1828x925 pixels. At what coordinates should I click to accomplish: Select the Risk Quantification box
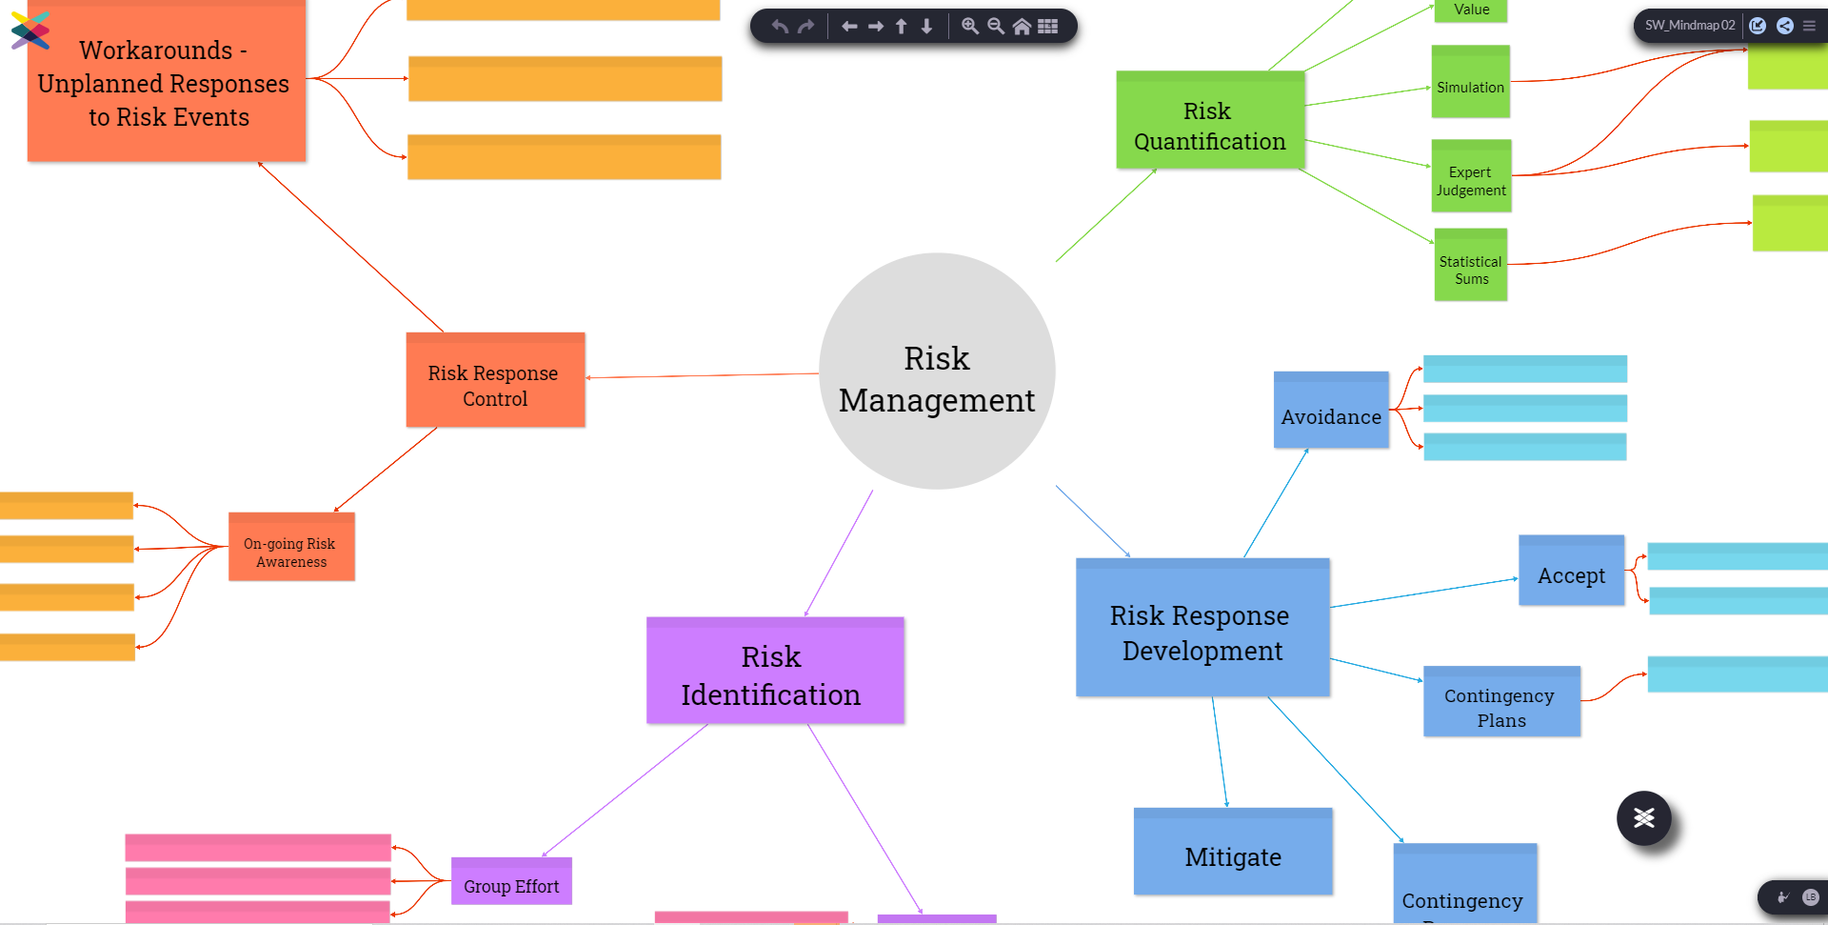pyautogui.click(x=1209, y=121)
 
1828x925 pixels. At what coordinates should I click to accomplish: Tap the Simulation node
pyautogui.click(x=1470, y=84)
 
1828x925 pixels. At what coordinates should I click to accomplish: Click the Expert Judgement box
pyautogui.click(x=1471, y=177)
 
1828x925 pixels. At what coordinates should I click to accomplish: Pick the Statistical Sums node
pyautogui.click(x=1471, y=267)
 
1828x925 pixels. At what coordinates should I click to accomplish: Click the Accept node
pyautogui.click(x=1571, y=572)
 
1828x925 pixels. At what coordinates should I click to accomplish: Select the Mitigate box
pyautogui.click(x=1232, y=853)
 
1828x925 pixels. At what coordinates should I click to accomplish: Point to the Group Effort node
pyautogui.click(x=511, y=882)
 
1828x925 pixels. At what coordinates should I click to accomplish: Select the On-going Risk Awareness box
pyautogui.click(x=291, y=549)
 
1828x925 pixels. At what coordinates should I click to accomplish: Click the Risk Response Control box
pyautogui.click(x=495, y=381)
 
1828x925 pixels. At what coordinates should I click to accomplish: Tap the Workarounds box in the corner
pyautogui.click(x=167, y=83)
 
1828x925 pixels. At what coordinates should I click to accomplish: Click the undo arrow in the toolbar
pyautogui.click(x=780, y=27)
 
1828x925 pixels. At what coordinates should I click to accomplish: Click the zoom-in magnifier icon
pyautogui.click(x=969, y=27)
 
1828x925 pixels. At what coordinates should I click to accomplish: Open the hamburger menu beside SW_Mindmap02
pyautogui.click(x=1809, y=26)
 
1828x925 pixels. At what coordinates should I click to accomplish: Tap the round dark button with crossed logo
pyautogui.click(x=1643, y=817)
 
